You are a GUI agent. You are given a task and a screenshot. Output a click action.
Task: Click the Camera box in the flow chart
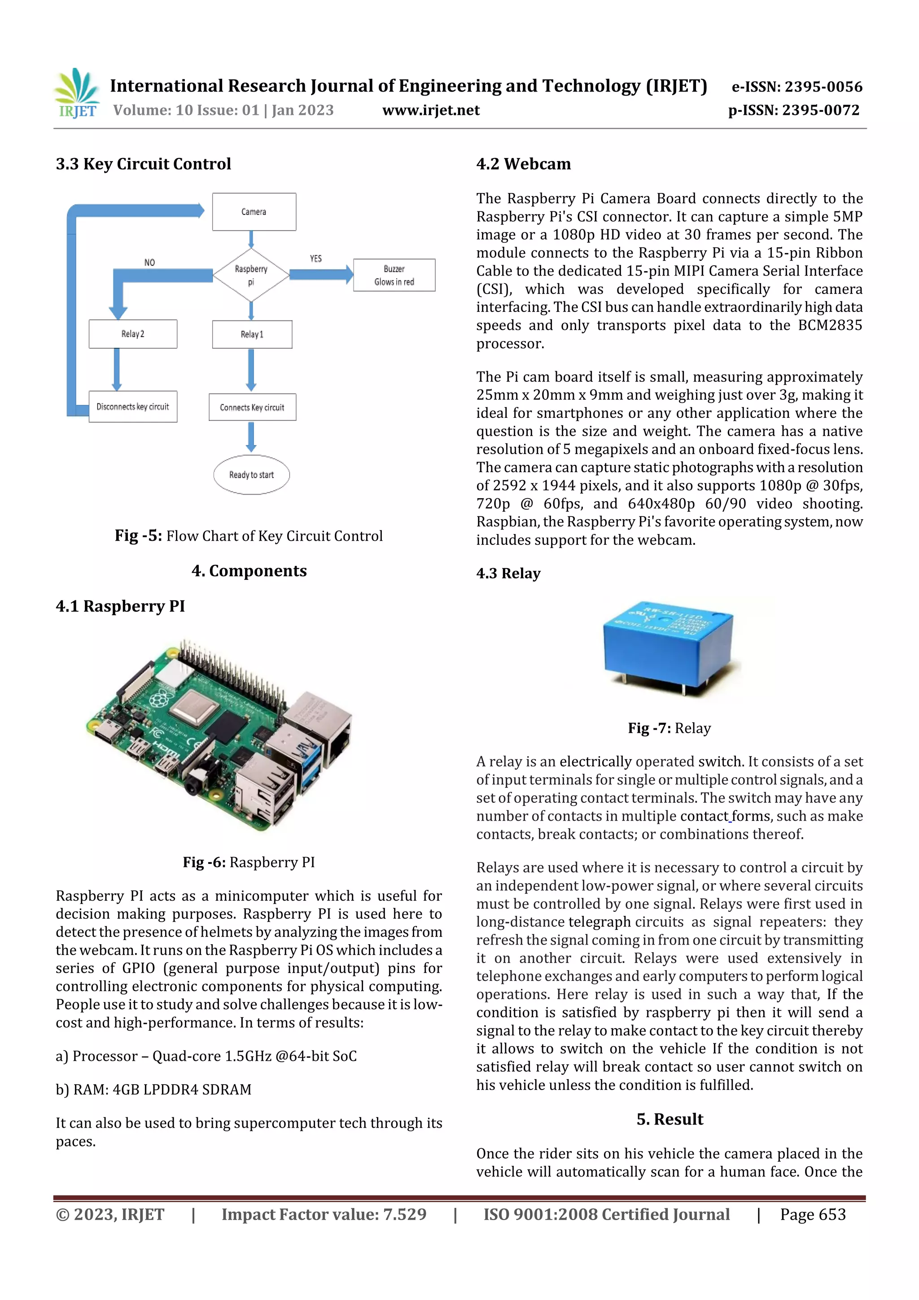(x=254, y=212)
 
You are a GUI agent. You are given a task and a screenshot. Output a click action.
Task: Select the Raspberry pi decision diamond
(x=251, y=275)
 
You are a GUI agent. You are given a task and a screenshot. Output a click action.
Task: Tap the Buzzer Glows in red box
(x=394, y=275)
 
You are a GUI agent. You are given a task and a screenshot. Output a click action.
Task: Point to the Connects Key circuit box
(x=252, y=407)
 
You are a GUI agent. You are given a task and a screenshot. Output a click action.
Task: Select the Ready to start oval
(x=251, y=474)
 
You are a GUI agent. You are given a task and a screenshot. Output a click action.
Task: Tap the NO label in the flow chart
(x=149, y=263)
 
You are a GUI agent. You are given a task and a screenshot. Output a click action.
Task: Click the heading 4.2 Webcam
(x=523, y=164)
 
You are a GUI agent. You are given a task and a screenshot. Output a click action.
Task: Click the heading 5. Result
(x=670, y=1119)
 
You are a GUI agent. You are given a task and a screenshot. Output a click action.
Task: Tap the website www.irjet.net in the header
(x=431, y=110)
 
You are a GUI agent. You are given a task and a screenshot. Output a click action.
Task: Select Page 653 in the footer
(x=813, y=1214)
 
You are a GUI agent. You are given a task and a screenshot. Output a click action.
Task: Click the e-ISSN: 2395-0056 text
(x=796, y=87)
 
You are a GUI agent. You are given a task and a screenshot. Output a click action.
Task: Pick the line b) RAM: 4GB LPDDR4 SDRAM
(x=153, y=1090)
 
